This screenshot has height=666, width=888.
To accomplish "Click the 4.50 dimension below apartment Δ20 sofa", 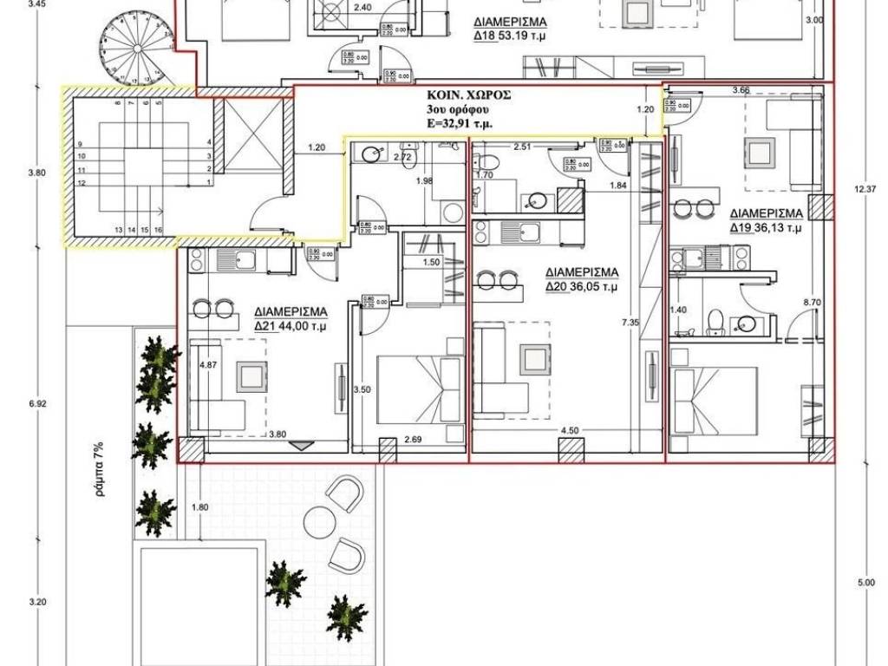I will [569, 429].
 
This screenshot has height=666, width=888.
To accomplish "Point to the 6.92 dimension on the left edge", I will [36, 404].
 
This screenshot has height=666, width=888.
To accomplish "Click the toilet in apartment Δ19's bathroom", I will [715, 322].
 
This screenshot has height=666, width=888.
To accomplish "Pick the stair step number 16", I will [159, 229].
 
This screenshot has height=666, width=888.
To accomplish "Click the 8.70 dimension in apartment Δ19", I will [812, 302].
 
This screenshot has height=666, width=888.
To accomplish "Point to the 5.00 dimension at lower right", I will [865, 583].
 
